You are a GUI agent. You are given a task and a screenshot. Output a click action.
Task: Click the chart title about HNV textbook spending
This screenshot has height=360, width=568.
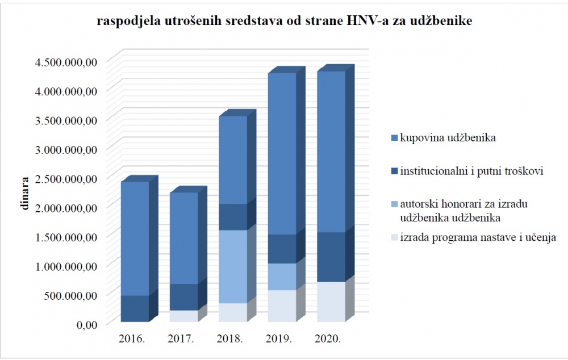point(285,21)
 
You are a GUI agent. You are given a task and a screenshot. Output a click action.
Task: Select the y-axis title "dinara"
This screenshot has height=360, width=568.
point(24,194)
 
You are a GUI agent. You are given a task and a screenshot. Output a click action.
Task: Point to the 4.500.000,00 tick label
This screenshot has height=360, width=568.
point(66,62)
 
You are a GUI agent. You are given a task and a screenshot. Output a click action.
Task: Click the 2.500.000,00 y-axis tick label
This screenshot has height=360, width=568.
point(66,178)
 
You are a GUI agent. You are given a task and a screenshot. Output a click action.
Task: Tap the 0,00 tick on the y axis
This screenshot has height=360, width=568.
point(87,324)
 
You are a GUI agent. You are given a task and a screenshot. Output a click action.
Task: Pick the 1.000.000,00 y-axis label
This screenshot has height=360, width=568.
point(66,266)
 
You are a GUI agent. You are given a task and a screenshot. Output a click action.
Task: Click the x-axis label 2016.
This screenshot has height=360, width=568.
point(132,339)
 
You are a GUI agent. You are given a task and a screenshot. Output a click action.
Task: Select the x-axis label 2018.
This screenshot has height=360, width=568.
point(229,339)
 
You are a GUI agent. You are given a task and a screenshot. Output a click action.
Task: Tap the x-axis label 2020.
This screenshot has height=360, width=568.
point(328,339)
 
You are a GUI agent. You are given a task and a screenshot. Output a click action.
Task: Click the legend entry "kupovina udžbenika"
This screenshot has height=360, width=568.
point(448,137)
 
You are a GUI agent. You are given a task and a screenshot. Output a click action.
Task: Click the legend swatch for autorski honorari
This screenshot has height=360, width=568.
point(395,204)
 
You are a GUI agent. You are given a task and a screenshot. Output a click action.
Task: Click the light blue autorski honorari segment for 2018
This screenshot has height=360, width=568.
point(233,266)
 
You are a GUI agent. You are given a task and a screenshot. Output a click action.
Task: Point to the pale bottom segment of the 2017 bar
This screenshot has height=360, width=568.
point(184,316)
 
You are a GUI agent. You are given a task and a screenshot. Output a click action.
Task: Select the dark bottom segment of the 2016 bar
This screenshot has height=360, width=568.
point(135,308)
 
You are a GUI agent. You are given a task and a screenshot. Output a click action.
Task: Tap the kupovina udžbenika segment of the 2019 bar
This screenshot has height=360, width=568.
point(282,154)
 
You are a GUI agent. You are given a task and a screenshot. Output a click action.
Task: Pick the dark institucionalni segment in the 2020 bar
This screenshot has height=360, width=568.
point(331,257)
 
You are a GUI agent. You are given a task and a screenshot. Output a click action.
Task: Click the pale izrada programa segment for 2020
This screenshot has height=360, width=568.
point(331,302)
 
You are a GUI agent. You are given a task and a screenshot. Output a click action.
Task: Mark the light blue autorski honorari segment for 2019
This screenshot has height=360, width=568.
point(282,277)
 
